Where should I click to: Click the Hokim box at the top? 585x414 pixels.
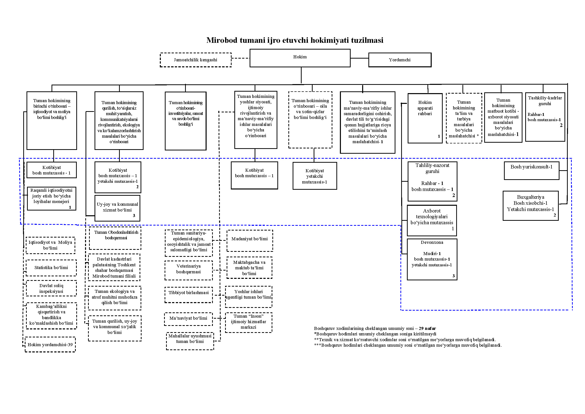[x=300, y=58]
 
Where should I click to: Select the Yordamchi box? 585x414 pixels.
[x=399, y=60]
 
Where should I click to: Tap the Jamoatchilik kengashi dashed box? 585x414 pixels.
[x=195, y=60]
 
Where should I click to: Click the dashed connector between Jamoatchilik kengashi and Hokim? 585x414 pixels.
[x=240, y=58]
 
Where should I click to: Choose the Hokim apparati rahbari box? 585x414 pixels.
[x=425, y=118]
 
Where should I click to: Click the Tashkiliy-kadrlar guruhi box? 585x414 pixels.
[x=545, y=117]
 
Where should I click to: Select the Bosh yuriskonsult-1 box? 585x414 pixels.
[x=531, y=170]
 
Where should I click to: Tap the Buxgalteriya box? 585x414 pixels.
[x=530, y=205]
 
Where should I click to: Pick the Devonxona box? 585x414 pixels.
[x=432, y=259]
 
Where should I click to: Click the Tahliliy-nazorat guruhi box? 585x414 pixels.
[x=432, y=181]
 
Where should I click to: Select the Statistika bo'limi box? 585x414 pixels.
[x=51, y=268]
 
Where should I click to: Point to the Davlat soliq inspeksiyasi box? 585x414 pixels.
[x=51, y=288]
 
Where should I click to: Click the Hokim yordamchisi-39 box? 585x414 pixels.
[x=50, y=345]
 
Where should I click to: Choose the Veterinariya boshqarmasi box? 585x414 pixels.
[x=189, y=270]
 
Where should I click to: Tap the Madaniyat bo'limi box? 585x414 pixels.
[x=249, y=240]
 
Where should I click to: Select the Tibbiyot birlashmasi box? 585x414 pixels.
[x=189, y=294]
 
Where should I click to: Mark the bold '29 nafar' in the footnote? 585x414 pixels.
[x=427, y=328]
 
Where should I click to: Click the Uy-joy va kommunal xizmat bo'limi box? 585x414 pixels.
[x=117, y=208]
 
